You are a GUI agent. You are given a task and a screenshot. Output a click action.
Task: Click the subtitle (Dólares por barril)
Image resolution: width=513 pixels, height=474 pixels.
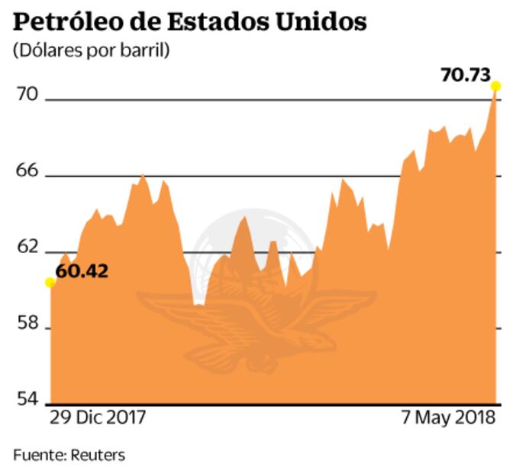[91, 51]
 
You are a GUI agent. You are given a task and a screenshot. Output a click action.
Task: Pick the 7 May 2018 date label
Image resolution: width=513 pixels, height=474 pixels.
[447, 419]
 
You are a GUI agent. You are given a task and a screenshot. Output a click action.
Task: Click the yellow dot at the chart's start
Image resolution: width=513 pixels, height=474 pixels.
[50, 282]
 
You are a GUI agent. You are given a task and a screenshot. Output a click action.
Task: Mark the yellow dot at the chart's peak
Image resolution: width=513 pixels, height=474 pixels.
[495, 86]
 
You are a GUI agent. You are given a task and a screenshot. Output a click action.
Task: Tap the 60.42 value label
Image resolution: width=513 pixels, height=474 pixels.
[82, 271]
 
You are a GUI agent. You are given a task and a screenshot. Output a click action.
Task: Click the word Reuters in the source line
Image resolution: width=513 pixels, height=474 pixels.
[98, 455]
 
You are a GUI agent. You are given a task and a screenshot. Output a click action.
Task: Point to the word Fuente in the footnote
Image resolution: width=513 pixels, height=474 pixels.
[38, 455]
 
